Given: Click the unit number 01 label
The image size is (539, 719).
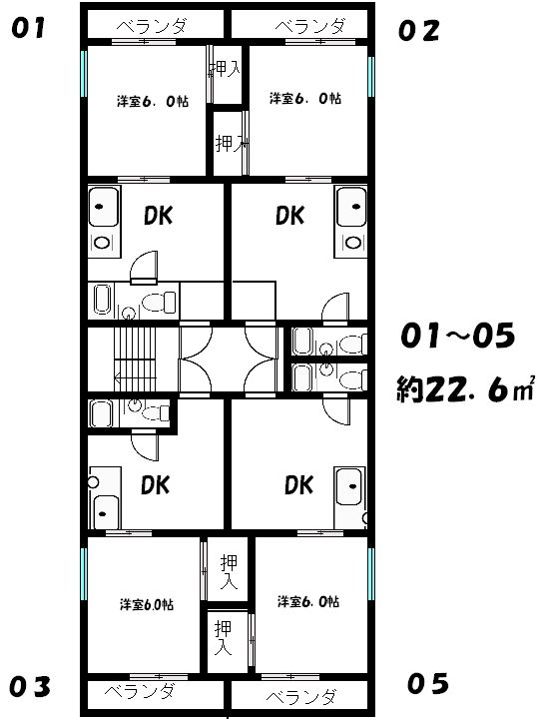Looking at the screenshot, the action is pos(28,28).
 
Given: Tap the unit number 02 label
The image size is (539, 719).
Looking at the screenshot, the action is pos(418,31).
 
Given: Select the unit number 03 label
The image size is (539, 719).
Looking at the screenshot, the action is pos(30,687).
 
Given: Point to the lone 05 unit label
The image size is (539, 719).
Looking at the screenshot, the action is pos(427,684).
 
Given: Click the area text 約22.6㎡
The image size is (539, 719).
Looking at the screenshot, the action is pos(465,389).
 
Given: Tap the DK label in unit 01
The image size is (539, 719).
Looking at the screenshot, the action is pos(158,216).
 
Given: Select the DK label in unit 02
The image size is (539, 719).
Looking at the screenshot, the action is pos(289,215).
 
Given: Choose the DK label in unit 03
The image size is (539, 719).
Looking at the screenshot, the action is pos(155,485).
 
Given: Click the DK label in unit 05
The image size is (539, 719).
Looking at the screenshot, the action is pos(298,485).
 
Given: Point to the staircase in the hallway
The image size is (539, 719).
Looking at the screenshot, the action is pos(135,359).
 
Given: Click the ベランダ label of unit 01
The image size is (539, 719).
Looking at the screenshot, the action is pos(152,26).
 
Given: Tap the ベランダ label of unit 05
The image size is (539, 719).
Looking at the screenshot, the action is pos(300,697).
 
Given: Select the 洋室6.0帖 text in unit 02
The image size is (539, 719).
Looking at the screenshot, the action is pos(305,98).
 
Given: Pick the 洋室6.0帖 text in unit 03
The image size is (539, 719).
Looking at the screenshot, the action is pos(147,604).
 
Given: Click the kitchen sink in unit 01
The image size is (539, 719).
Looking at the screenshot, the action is pos(103,207).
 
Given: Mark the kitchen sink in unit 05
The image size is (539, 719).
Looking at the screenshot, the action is pos(350,486).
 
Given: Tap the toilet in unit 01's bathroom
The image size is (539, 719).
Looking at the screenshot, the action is pos(159,302).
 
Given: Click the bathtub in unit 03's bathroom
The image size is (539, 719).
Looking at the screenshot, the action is pos(101,413).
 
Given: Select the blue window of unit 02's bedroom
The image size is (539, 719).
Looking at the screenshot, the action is pos(371,77).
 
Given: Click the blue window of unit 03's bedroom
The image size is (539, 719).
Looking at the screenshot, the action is pos(84,573).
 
